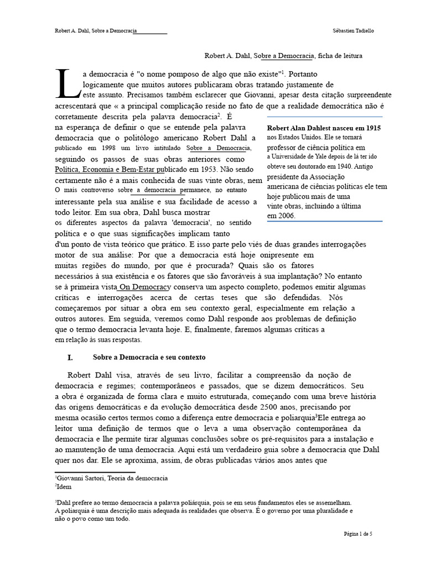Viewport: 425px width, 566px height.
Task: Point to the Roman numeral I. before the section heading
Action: pos(70,358)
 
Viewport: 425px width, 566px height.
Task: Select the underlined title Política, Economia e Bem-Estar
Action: pos(111,170)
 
